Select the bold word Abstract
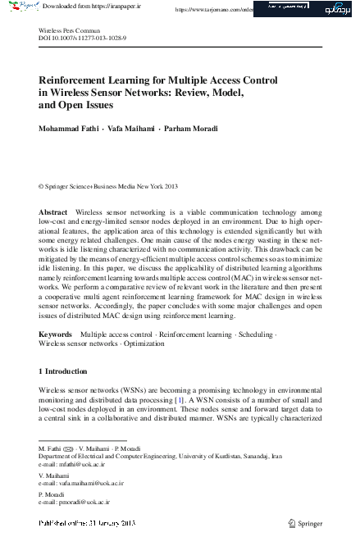click(x=53, y=212)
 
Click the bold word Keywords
click(x=56, y=335)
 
